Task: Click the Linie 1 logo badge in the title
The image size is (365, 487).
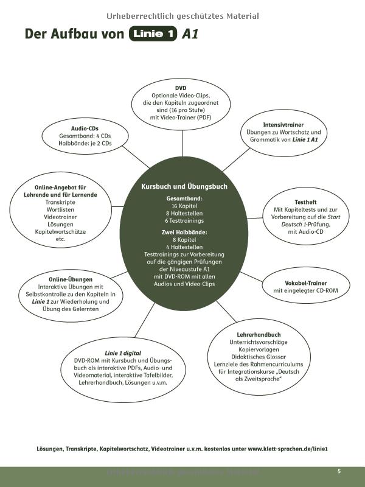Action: [x=153, y=34]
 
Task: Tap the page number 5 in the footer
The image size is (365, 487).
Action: [x=339, y=471]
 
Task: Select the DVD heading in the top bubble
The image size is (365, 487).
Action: [x=181, y=88]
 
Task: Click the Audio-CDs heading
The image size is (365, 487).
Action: [x=85, y=128]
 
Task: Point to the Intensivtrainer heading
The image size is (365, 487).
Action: [x=283, y=124]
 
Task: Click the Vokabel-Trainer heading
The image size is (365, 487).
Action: [x=305, y=283]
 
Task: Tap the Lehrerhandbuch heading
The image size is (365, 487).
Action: [x=259, y=335]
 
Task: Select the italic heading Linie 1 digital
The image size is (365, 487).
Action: [x=123, y=352]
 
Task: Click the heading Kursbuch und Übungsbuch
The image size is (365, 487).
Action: [x=184, y=186]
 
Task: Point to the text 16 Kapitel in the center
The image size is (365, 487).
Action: [x=184, y=206]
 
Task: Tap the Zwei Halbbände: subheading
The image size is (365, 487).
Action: [x=184, y=232]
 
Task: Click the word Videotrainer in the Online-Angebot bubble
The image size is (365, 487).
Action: [x=60, y=217]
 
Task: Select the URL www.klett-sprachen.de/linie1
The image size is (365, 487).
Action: [x=288, y=449]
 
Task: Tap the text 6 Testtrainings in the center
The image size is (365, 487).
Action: [x=184, y=220]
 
